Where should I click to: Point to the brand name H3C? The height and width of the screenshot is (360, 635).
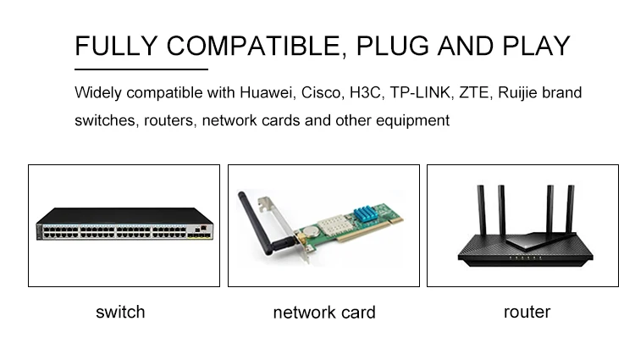pos(365,92)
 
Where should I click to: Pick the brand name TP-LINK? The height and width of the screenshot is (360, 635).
pos(420,92)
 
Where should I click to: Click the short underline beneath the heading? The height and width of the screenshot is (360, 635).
pos(141,69)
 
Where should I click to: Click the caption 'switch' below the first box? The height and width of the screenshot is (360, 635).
pos(120,313)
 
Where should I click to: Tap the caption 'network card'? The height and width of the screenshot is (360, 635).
pos(324,313)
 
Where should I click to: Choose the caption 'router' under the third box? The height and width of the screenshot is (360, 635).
pos(527,313)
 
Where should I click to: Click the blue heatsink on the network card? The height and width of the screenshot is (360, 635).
pos(366,213)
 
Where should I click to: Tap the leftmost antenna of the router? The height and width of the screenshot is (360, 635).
pos(482,212)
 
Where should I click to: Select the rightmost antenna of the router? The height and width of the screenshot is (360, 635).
pos(570,210)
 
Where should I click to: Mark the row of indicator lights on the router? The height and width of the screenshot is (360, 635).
pos(525,258)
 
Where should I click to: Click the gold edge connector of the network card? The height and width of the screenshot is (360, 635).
pos(369,230)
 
